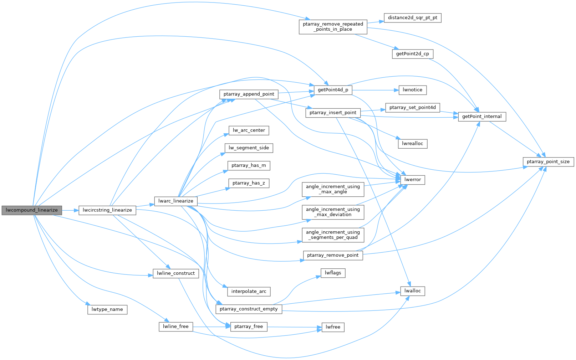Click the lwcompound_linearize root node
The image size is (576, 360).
[x=32, y=210]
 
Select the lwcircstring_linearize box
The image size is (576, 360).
[x=107, y=210]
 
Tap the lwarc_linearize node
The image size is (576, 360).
[x=176, y=201]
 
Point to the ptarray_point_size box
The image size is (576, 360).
[x=548, y=162]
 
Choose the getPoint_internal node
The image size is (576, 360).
[x=482, y=117]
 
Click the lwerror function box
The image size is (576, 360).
[x=413, y=180]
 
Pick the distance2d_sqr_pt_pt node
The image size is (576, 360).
[x=413, y=18]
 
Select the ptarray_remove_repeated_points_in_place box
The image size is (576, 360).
[x=333, y=27]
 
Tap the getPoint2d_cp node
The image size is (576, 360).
[x=413, y=54]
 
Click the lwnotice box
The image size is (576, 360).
[x=413, y=90]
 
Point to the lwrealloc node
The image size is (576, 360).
[x=413, y=144]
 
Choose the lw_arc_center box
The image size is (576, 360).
[x=249, y=130]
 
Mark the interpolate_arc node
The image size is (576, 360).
[x=249, y=292]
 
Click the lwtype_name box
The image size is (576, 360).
[x=107, y=309]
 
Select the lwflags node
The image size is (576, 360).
[x=333, y=273]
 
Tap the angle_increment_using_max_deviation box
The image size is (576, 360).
[x=333, y=212]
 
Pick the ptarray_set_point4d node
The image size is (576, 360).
[x=413, y=108]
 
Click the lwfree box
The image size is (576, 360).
[x=333, y=327]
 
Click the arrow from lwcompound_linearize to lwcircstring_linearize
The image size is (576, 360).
[x=70, y=210]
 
